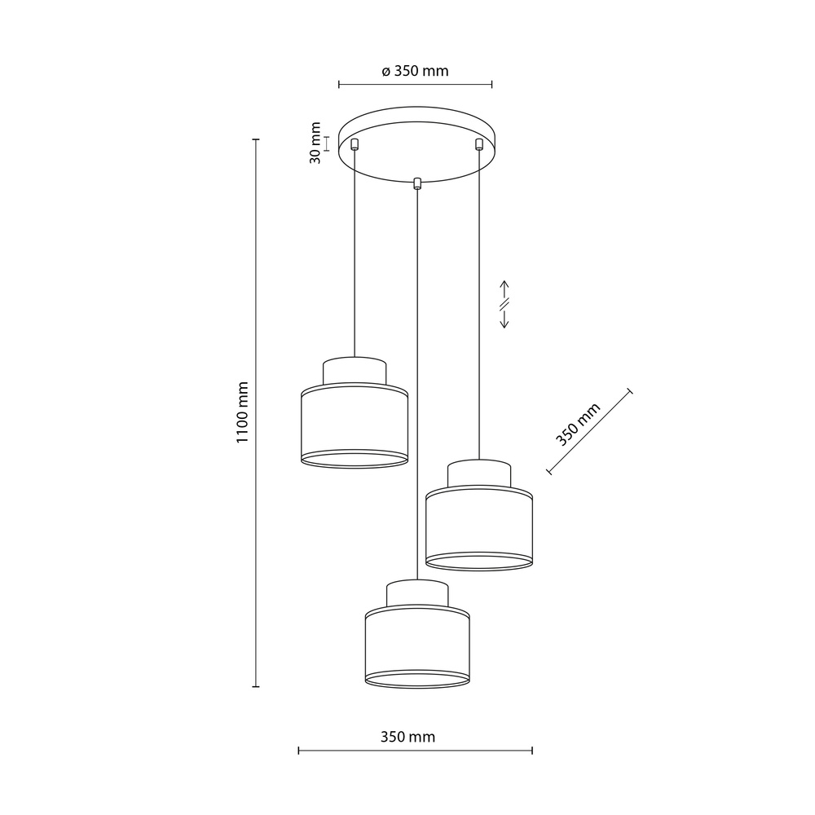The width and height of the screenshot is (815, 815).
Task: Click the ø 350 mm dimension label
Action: pos(415,71)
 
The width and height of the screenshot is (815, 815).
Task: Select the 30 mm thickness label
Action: pos(315,143)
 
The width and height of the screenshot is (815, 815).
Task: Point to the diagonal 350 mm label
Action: pos(578,425)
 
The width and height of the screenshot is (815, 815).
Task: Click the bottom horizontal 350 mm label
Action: pos(407,737)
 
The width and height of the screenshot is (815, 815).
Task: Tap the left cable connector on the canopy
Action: pos(355,145)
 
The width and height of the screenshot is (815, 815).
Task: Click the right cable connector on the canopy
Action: pos(478,145)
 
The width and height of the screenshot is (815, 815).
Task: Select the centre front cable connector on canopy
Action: pos(417,183)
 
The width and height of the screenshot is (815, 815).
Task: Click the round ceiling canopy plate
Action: pos(416,130)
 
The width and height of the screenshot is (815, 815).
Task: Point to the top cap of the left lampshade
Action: pos(355,370)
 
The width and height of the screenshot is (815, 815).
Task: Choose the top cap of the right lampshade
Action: pos(479,473)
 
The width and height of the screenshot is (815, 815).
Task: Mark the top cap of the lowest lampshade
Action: pos(416,593)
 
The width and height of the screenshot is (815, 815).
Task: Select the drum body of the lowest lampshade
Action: pos(416,643)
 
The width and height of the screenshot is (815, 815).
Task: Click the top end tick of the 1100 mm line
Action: pos(256,140)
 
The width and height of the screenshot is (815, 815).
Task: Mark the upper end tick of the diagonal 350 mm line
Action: pos(629,392)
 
